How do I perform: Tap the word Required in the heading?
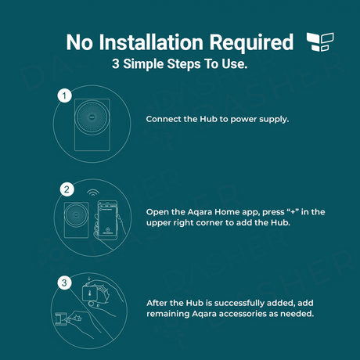click(x=251, y=43)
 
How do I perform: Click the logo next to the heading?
click(x=320, y=41)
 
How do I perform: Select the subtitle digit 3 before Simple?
click(x=115, y=63)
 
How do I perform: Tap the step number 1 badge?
click(x=65, y=95)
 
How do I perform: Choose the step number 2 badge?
click(x=67, y=189)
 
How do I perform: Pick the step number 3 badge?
click(x=64, y=283)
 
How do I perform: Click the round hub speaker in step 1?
click(x=92, y=117)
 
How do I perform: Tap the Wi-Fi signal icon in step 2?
click(x=93, y=193)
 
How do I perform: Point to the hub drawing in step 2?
click(x=76, y=220)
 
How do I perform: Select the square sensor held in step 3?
click(x=90, y=293)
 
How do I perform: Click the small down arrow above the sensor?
click(x=89, y=280)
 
